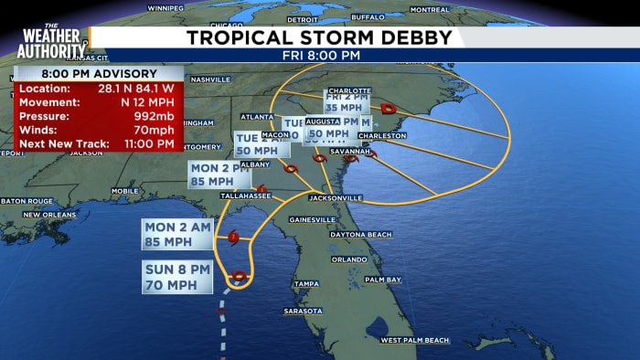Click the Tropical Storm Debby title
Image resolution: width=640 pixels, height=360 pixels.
click(x=319, y=37)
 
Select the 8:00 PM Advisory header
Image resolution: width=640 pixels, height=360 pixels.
click(x=99, y=73)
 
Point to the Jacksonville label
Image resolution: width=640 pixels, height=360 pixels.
click(x=336, y=197)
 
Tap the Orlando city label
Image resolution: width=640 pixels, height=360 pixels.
click(x=349, y=259)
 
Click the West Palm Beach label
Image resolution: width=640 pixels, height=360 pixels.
click(x=415, y=340)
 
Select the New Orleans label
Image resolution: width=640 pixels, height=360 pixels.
click(x=49, y=214)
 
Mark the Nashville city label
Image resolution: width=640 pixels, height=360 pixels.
click(x=210, y=79)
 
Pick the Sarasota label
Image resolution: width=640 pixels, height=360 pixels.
click(x=303, y=311)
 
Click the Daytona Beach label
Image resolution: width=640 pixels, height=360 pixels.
click(x=360, y=235)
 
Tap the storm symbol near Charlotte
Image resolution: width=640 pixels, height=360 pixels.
click(x=389, y=107)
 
